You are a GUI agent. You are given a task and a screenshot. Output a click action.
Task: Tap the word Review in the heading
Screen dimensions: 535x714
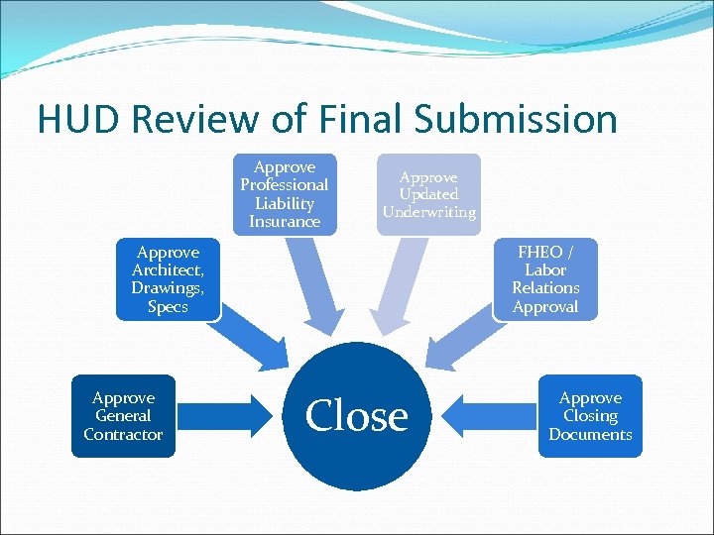click(206, 119)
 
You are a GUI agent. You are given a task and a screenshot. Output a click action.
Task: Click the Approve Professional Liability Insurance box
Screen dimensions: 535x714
click(285, 194)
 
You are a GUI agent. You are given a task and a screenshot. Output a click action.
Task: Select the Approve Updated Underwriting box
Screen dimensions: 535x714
click(428, 194)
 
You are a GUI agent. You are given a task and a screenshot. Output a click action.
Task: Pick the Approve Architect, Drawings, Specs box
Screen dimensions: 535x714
click(167, 279)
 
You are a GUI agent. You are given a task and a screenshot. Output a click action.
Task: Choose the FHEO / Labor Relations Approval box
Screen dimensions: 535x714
click(544, 279)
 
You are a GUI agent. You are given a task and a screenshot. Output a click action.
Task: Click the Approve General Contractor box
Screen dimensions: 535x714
click(123, 416)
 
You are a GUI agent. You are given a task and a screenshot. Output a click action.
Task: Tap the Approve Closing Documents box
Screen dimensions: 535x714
click(590, 416)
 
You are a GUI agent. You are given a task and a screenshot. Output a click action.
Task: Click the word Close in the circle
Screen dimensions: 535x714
click(357, 416)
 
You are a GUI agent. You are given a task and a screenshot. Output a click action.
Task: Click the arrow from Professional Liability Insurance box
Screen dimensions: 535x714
click(313, 287)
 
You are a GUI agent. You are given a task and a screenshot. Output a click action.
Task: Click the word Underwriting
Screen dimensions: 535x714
click(428, 212)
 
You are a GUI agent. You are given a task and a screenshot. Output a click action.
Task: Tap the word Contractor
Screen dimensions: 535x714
click(123, 434)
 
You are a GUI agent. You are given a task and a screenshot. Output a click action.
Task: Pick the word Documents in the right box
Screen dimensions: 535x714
click(590, 434)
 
